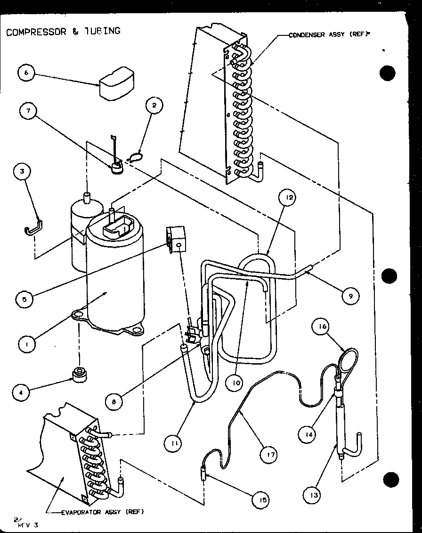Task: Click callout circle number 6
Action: point(26,74)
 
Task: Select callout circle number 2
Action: point(154,105)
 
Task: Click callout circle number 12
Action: point(289,198)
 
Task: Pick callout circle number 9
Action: point(350,296)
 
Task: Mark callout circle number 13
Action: point(314,495)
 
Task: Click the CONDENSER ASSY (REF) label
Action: point(328,34)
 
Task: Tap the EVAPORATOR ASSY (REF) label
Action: point(102,512)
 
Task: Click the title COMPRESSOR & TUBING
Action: point(63,32)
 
